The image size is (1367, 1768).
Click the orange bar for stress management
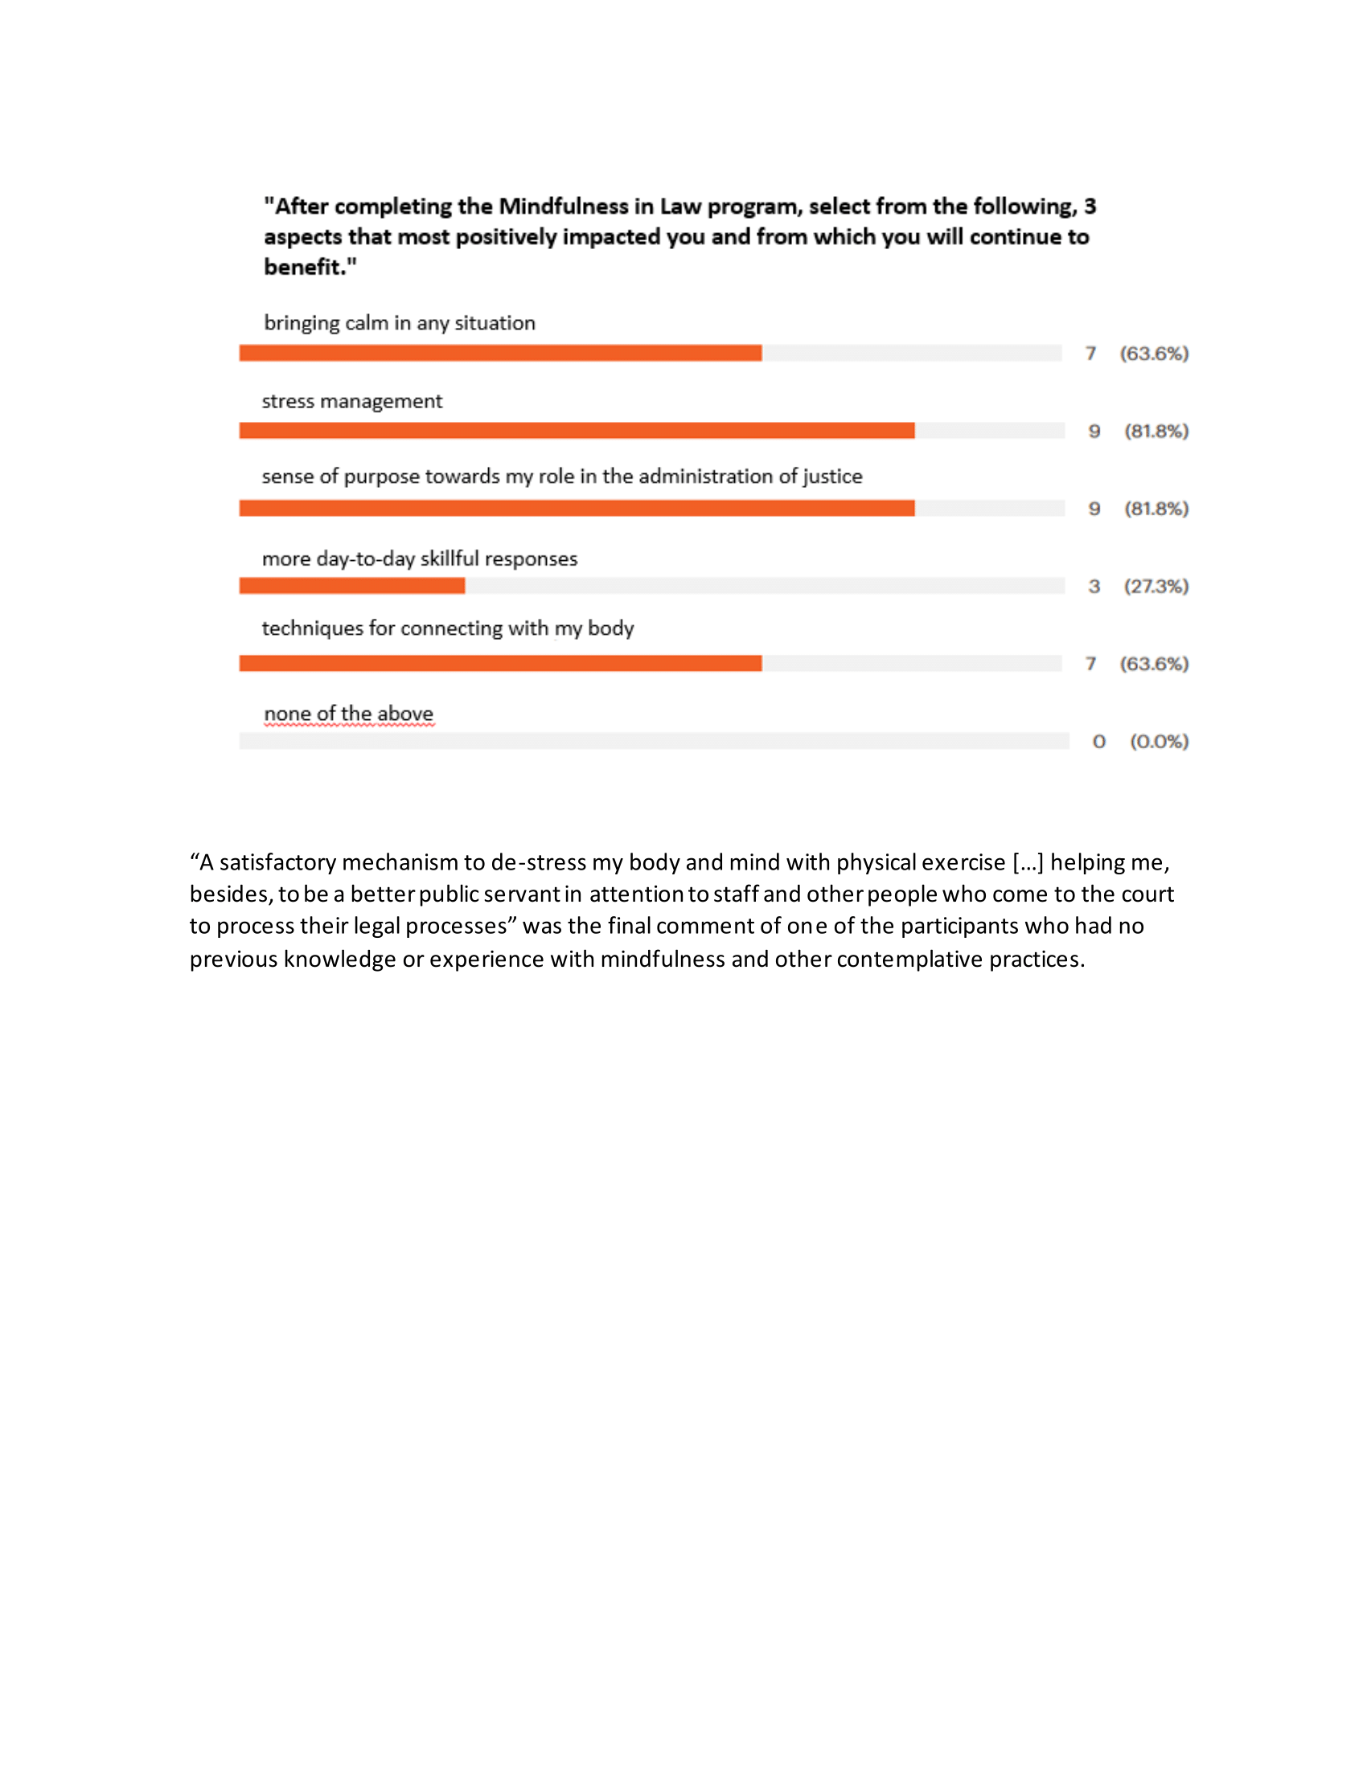(x=577, y=431)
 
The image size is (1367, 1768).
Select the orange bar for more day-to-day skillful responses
(x=351, y=585)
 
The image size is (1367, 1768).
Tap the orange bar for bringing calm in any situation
(x=499, y=353)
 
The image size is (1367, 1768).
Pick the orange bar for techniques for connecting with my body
(x=499, y=664)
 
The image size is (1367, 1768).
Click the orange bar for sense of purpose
(x=577, y=509)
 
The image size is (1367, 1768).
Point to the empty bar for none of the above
(x=654, y=741)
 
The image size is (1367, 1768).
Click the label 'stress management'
(x=351, y=402)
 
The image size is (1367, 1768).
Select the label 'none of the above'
(x=348, y=714)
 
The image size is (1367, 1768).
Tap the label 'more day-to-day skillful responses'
(x=420, y=559)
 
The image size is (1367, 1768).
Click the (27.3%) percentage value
(x=1156, y=586)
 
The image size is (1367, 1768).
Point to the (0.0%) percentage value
(x=1159, y=742)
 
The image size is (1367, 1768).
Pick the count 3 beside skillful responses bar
(x=1094, y=586)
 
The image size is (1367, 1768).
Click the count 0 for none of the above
(x=1098, y=742)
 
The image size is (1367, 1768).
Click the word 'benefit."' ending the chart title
(x=310, y=267)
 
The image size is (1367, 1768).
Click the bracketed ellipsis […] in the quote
(x=1028, y=863)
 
